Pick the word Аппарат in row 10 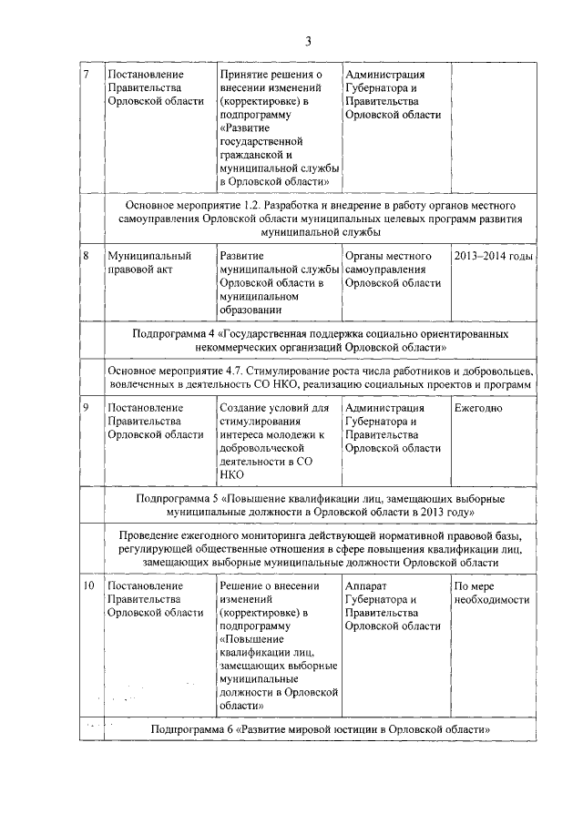(370, 586)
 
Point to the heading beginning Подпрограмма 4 (320, 341)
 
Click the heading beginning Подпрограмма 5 (320, 506)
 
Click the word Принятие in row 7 (246, 74)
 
